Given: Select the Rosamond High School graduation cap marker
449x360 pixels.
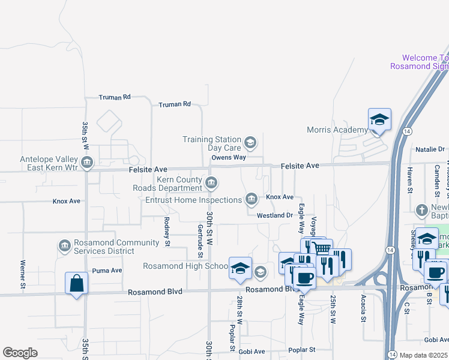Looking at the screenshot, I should [x=240, y=268].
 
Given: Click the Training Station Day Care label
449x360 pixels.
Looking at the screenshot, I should [x=212, y=143].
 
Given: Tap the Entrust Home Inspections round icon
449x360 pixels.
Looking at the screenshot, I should [x=252, y=199].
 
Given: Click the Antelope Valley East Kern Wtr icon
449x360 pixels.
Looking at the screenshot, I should [x=88, y=163].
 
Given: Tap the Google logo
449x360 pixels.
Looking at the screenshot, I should [x=20, y=353].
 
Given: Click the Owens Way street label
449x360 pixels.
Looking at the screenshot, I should [x=229, y=158].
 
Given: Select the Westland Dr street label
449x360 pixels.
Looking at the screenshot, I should [x=274, y=215].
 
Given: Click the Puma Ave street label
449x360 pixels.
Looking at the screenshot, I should [x=108, y=271].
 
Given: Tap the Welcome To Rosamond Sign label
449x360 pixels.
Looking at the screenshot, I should [x=419, y=62].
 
